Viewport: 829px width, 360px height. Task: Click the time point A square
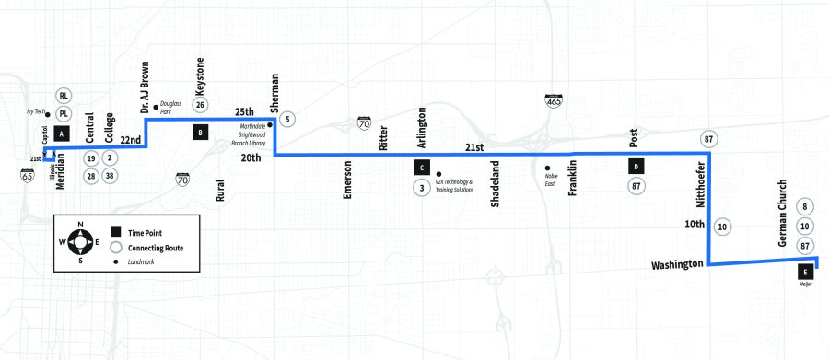pos(61,134)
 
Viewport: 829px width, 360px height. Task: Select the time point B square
pos(199,133)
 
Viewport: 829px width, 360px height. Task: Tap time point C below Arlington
pos(421,168)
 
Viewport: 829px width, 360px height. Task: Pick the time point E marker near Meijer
pos(806,273)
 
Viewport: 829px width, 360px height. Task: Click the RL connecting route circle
pos(64,96)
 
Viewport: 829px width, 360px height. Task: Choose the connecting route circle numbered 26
pos(200,105)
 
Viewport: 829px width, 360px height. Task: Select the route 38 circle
pos(110,175)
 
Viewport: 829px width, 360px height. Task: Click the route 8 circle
pos(805,207)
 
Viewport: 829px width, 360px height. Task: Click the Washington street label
pos(677,265)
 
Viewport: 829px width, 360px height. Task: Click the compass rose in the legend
pos(81,242)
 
